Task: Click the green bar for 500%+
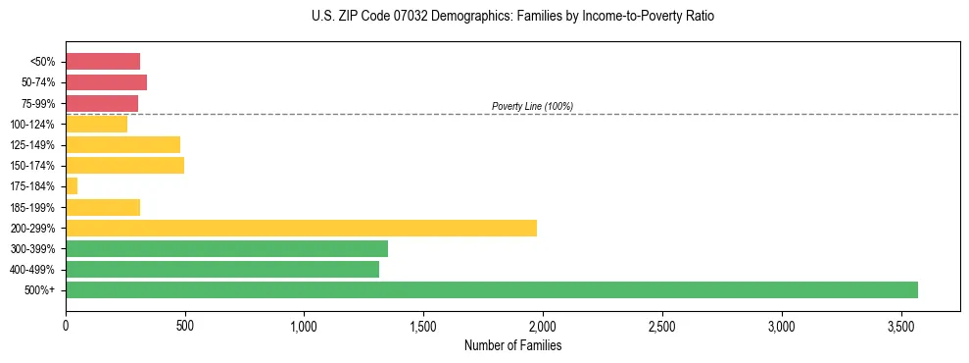(x=491, y=289)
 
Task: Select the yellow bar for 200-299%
(x=301, y=228)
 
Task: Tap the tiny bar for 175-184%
(x=72, y=185)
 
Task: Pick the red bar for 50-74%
(x=106, y=81)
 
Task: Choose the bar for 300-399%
(x=226, y=248)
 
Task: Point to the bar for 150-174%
(x=124, y=165)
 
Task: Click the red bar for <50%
(x=103, y=61)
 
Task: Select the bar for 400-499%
(x=222, y=269)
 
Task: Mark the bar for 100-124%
(x=96, y=124)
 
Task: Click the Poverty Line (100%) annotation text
(x=532, y=106)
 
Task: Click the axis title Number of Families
(x=512, y=345)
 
